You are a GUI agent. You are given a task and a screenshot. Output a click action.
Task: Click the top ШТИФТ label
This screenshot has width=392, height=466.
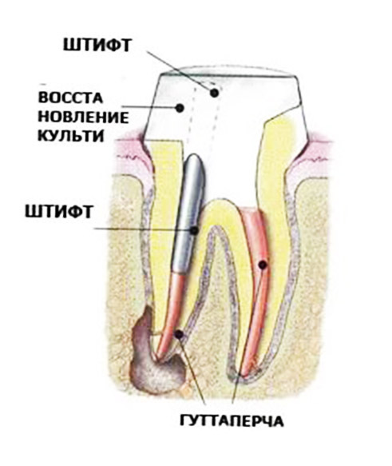97,46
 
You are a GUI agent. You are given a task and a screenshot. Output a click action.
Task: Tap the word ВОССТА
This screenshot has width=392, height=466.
70,98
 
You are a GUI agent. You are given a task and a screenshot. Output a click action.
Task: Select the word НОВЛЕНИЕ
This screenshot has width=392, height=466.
83,117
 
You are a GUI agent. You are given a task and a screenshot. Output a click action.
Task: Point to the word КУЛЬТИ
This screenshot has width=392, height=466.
71,136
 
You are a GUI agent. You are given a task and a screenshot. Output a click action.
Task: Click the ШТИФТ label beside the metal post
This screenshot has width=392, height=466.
59,212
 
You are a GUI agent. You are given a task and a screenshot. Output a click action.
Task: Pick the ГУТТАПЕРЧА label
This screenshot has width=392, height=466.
232,420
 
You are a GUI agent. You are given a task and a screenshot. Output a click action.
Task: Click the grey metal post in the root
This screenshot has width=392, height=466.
189,213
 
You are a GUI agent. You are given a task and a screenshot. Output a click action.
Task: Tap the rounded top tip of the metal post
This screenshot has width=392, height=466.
195,155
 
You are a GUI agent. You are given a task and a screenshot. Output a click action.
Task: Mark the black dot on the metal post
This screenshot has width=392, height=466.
194,230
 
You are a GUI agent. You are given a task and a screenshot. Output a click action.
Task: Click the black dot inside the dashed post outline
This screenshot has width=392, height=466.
214,93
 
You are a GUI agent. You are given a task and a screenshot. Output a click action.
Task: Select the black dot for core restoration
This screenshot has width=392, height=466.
179,108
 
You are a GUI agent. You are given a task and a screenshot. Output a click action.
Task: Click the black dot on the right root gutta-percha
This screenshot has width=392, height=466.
263,265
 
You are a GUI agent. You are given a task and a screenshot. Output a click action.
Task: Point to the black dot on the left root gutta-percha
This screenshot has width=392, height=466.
179,335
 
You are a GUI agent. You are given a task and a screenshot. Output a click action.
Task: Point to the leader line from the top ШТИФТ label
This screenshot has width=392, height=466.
180,72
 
